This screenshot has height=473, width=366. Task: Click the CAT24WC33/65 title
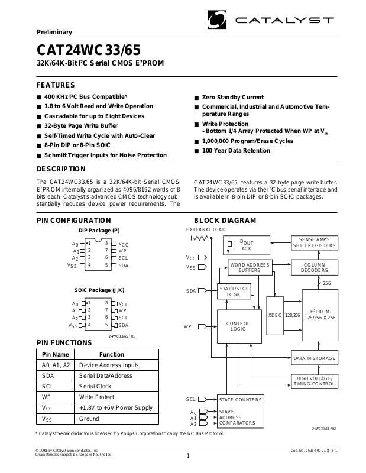pos(89,48)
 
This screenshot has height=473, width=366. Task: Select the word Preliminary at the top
pos(54,32)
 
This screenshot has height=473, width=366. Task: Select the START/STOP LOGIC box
pos(234,291)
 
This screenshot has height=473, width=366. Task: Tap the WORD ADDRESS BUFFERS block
pos(250,267)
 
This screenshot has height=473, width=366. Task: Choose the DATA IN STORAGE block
pos(315,358)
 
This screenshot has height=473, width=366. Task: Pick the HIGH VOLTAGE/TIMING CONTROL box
pos(315,381)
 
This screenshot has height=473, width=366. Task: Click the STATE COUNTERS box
pos(239,400)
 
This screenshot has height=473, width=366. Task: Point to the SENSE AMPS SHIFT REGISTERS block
pos(315,242)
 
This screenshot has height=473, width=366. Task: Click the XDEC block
pos(275,315)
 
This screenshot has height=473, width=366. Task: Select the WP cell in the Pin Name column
pos(48,397)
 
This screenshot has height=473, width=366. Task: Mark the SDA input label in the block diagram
pos(190,291)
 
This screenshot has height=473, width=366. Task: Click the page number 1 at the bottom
pos(187,455)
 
